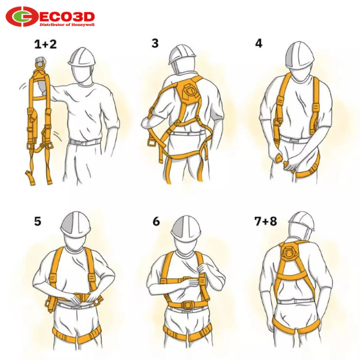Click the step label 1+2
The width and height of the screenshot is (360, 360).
45,44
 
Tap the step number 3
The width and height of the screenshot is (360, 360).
155,43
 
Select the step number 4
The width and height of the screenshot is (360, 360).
259,43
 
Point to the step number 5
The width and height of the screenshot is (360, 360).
38,221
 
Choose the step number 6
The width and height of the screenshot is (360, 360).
156,221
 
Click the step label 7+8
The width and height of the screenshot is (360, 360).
266,221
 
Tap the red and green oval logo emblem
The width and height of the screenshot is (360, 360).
21,17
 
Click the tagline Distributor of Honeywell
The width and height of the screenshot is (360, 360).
67,25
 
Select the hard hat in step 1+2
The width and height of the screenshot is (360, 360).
82,57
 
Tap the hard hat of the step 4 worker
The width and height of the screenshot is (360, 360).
300,55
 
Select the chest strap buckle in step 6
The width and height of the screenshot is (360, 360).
187,280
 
